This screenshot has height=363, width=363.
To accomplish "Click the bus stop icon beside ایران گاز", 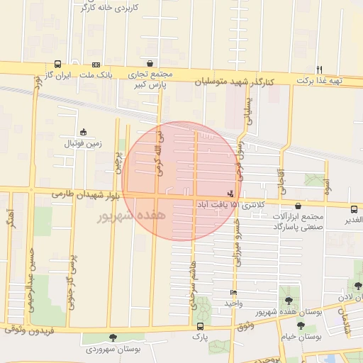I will pyautogui.click(x=57, y=64).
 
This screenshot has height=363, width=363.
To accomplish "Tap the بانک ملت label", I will pyautogui.click(x=96, y=74).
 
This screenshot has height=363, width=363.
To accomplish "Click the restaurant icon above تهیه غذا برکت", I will pyautogui.click(x=320, y=69).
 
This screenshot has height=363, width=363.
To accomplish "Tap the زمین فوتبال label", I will pyautogui.click(x=84, y=143).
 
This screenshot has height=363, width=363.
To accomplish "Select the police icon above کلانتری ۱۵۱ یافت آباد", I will pyautogui.click(x=230, y=193).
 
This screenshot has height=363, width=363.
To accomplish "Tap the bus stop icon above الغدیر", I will pyautogui.click(x=353, y=208).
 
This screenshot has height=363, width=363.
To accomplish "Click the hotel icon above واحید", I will pyautogui.click(x=233, y=293).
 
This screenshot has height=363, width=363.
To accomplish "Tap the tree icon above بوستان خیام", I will pyautogui.click(x=301, y=325).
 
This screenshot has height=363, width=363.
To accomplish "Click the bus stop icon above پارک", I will pyautogui.click(x=200, y=327).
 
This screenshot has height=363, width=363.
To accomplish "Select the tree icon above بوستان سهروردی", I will pyautogui.click(x=112, y=338).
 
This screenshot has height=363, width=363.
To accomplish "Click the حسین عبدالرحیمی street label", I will pyautogui.click(x=31, y=277).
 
